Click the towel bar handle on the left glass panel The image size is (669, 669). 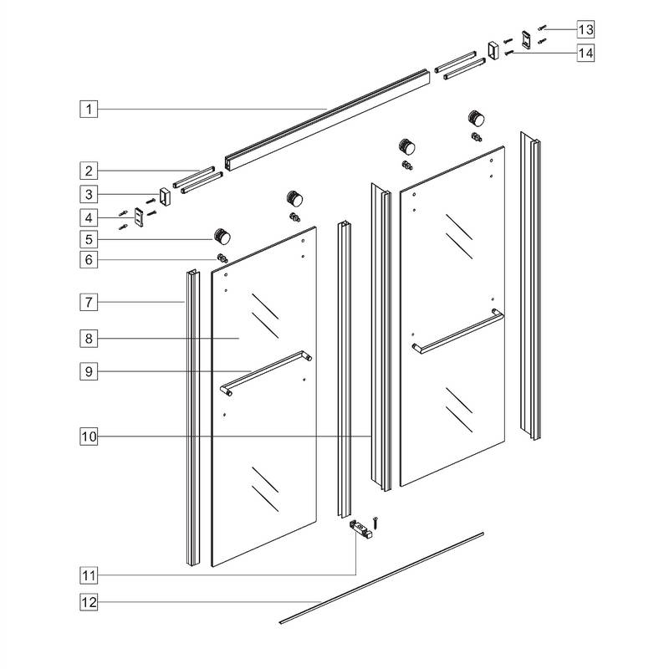(x=266, y=373)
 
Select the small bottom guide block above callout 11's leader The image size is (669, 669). (x=360, y=529)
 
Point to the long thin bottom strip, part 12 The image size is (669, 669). (x=381, y=576)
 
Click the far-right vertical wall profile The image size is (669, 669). (x=530, y=284)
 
